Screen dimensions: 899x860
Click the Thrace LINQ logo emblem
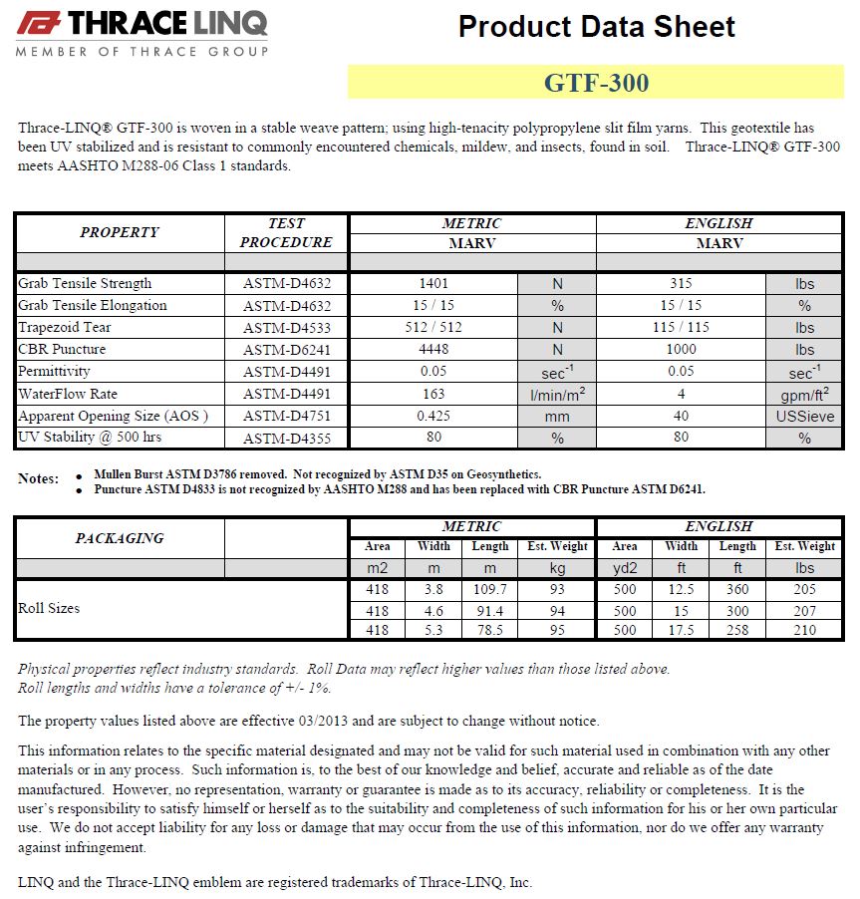click(40, 23)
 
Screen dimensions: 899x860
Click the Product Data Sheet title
click(596, 27)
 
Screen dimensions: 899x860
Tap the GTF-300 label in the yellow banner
click(595, 83)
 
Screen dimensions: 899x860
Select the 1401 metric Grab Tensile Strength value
click(433, 284)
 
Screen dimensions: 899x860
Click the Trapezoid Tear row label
click(65, 328)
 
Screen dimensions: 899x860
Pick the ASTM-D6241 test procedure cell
click(287, 350)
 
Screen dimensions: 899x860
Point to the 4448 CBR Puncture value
click(433, 350)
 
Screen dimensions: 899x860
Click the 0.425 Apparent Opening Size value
click(433, 416)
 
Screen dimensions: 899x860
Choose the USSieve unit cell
click(804, 417)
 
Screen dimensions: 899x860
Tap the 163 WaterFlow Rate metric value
click(433, 394)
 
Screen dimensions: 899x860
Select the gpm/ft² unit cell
click(804, 395)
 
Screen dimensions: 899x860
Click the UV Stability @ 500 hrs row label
click(91, 438)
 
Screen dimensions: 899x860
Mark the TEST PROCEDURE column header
click(286, 232)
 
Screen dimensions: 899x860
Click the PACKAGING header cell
click(120, 538)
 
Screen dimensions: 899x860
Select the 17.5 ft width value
click(682, 630)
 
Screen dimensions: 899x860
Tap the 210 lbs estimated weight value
click(804, 630)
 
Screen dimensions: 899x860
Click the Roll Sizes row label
click(49, 608)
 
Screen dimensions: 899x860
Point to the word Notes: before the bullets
click(39, 479)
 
